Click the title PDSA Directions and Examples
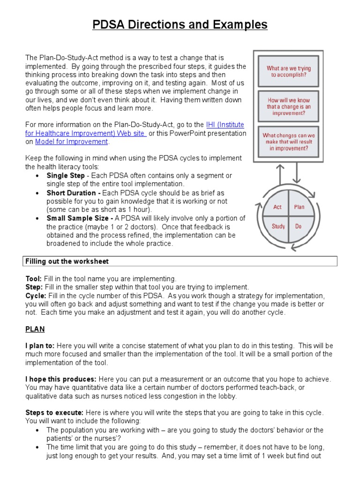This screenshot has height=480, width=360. (180, 24)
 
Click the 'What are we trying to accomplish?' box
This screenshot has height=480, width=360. (289, 71)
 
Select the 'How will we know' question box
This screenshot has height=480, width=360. (289, 106)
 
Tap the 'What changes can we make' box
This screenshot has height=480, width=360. (289, 142)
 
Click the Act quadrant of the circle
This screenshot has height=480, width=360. (278, 207)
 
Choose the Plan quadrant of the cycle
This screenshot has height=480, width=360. (299, 207)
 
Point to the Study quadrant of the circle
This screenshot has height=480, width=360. (278, 226)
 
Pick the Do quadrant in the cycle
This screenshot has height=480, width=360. (298, 226)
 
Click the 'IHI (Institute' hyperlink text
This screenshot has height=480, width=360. (225, 125)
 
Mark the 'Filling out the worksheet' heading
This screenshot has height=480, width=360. (67, 261)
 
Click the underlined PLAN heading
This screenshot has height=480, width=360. (35, 330)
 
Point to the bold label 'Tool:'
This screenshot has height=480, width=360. (33, 279)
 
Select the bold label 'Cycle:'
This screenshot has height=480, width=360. (36, 296)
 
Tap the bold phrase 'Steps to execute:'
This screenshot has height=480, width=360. (54, 412)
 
